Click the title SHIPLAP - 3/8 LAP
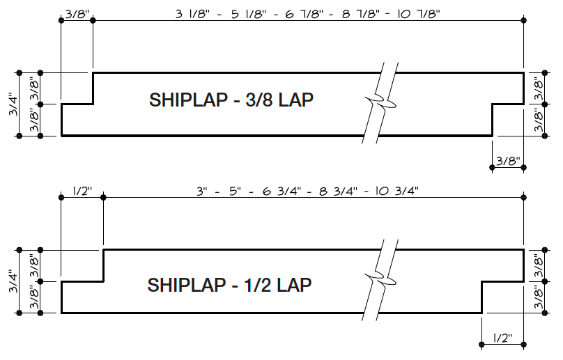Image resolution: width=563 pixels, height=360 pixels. [x=231, y=100]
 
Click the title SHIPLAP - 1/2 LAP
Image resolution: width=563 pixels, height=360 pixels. [x=229, y=285]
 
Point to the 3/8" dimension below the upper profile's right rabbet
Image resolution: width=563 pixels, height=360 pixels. [x=508, y=162]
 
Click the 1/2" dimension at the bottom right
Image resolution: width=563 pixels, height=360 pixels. [x=502, y=338]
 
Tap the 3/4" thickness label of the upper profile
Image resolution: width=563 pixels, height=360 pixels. [x=12, y=105]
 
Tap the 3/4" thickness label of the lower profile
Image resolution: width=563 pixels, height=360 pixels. [x=12, y=282]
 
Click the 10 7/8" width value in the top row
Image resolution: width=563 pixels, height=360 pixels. [x=415, y=14]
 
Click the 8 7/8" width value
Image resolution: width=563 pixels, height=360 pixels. [x=360, y=14]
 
